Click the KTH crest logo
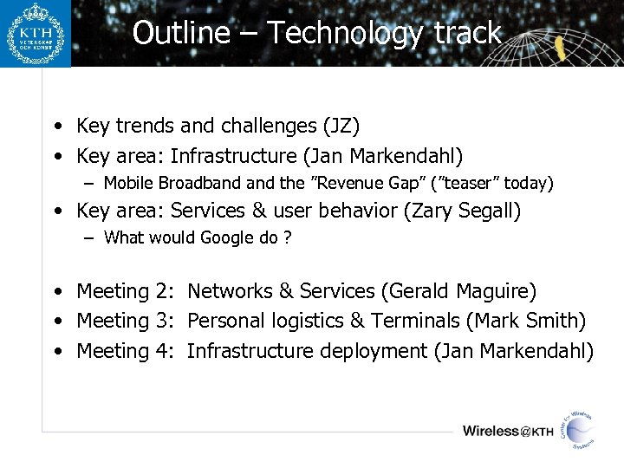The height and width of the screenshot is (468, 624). coord(35,34)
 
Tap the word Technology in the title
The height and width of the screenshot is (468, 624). coord(345,33)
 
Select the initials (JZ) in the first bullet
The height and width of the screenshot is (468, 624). coord(341,127)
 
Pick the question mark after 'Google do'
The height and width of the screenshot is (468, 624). coord(287,237)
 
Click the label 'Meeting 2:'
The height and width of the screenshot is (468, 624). coord(126,291)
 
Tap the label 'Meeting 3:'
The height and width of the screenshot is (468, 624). coord(126,321)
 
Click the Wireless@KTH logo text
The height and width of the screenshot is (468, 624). coord(508,431)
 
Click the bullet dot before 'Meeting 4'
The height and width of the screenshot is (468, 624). coord(55,352)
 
